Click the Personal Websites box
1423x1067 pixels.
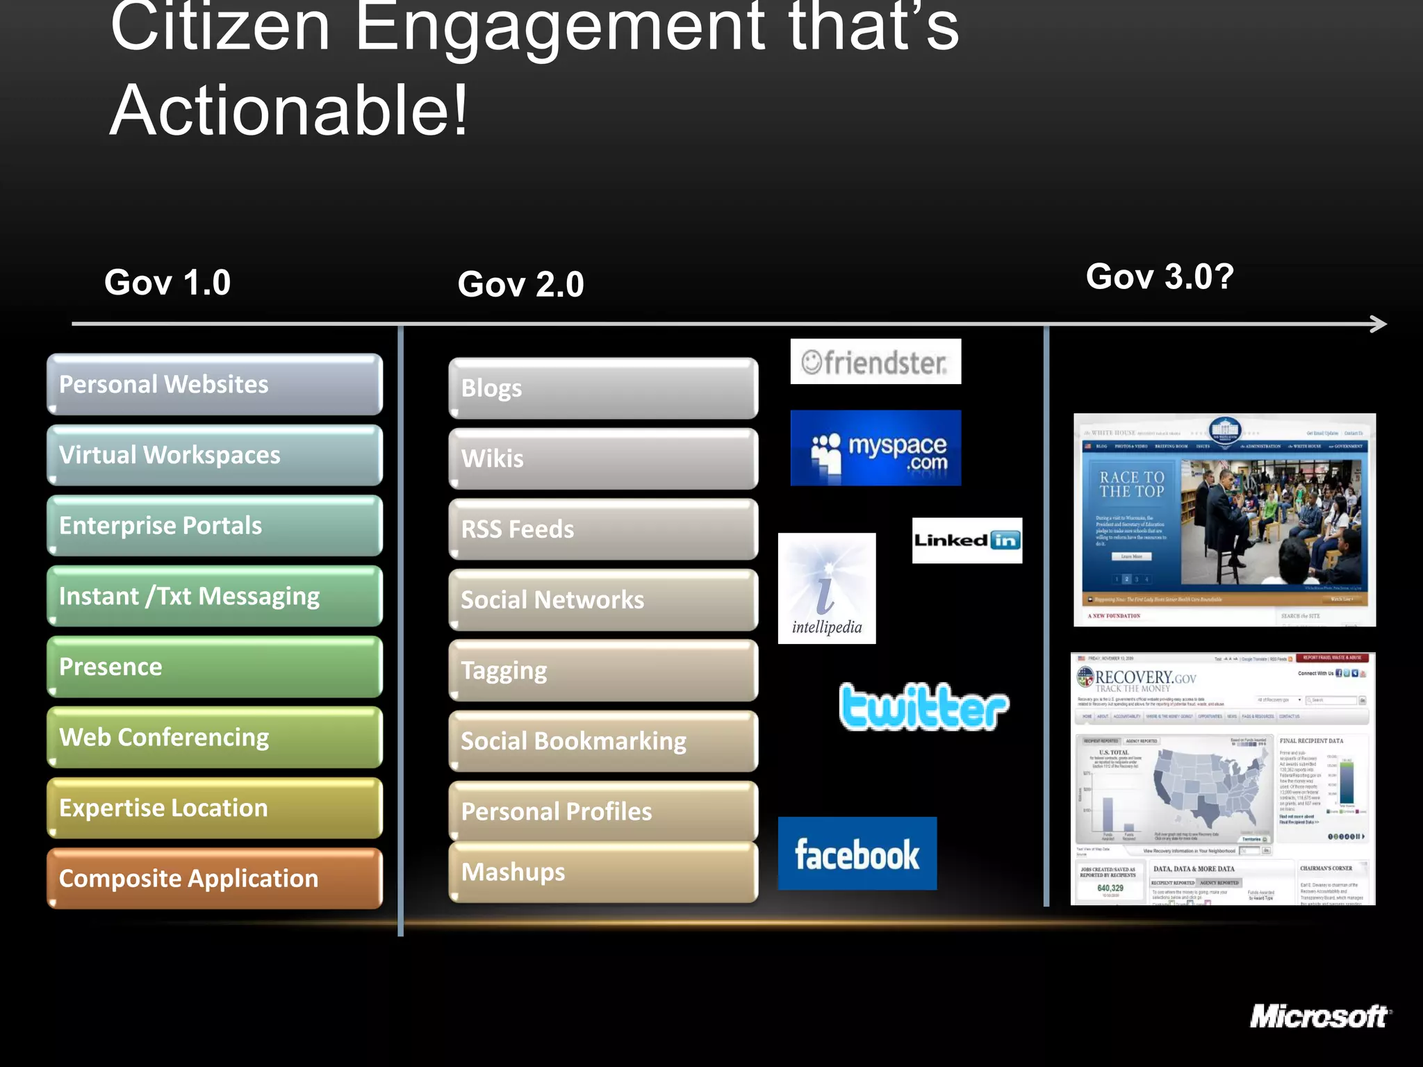[x=215, y=384]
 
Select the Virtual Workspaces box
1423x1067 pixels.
[x=215, y=455]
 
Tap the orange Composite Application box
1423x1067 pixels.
[x=215, y=878]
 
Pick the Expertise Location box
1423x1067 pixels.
[x=215, y=808]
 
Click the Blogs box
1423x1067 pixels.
[x=603, y=388]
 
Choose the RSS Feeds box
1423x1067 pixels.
[x=603, y=529]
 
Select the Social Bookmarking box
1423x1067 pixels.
[x=603, y=741]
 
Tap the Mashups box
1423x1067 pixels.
[x=603, y=872]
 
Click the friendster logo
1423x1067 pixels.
[x=875, y=362]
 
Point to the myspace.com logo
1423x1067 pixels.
[x=875, y=448]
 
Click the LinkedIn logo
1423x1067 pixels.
[x=967, y=540]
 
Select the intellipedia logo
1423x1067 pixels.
[x=827, y=588]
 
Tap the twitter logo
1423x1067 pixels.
[x=923, y=707]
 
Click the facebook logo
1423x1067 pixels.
[x=857, y=854]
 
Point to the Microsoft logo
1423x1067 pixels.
[x=1319, y=1017]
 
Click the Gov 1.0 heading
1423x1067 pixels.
[x=167, y=283]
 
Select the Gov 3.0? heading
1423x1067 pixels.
[x=1160, y=276]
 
